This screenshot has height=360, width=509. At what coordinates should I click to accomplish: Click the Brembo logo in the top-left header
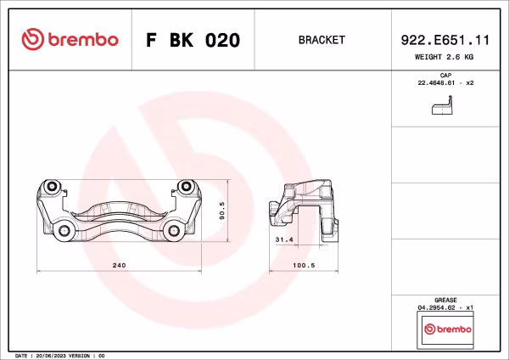click(x=70, y=40)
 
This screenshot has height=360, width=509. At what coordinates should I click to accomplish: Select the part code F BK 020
click(x=193, y=40)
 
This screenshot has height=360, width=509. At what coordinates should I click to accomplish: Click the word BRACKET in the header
click(x=322, y=40)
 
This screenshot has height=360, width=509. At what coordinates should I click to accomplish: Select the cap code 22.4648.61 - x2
click(x=445, y=84)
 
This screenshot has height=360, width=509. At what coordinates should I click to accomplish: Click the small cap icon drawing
click(x=441, y=108)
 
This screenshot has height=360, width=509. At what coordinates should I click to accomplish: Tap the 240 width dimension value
click(x=120, y=266)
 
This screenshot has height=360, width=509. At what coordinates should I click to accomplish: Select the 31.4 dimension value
click(x=284, y=240)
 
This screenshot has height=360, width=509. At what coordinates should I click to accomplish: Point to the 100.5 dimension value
click(x=303, y=266)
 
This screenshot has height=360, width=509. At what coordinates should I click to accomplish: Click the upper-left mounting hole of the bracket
click(x=52, y=187)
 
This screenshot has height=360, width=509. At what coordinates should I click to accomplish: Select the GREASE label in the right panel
click(x=445, y=300)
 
